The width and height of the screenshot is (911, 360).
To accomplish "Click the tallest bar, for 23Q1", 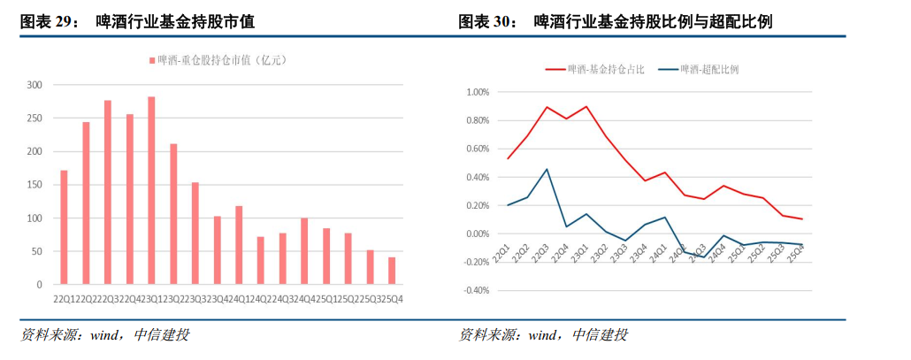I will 151,190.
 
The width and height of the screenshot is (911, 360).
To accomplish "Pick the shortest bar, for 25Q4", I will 392,271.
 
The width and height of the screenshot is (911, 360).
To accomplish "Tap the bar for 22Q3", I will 108,192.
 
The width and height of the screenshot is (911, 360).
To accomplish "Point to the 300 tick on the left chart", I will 34,85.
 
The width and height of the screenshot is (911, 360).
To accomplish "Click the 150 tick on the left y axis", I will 34,185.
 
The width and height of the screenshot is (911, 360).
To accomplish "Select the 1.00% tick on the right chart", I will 477,92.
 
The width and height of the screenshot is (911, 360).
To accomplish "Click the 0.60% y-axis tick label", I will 477,149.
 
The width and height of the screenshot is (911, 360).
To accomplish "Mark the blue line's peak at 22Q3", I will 547,169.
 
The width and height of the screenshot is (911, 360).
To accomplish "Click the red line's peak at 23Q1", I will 586,106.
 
